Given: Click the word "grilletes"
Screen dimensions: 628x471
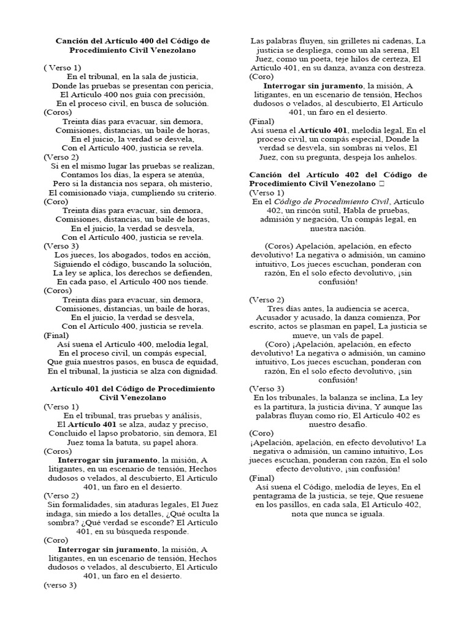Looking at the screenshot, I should [x=349, y=40].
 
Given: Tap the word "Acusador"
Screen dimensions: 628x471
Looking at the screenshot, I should [x=277, y=317].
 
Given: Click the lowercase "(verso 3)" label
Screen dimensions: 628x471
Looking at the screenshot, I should [x=60, y=585].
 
